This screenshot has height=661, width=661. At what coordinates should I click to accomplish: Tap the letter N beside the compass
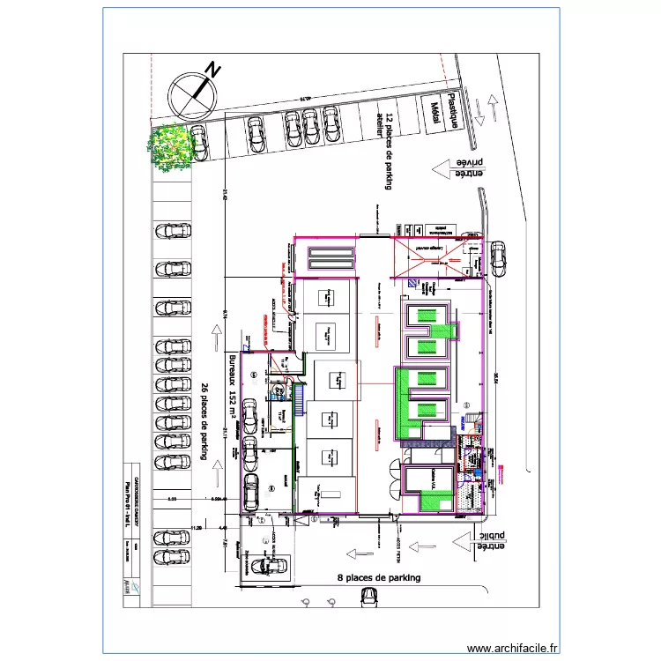pyautogui.click(x=212, y=70)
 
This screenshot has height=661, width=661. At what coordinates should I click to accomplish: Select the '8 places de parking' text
pyautogui.click(x=379, y=578)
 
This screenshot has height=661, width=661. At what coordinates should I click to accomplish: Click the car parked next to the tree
pyautogui.click(x=199, y=143)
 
